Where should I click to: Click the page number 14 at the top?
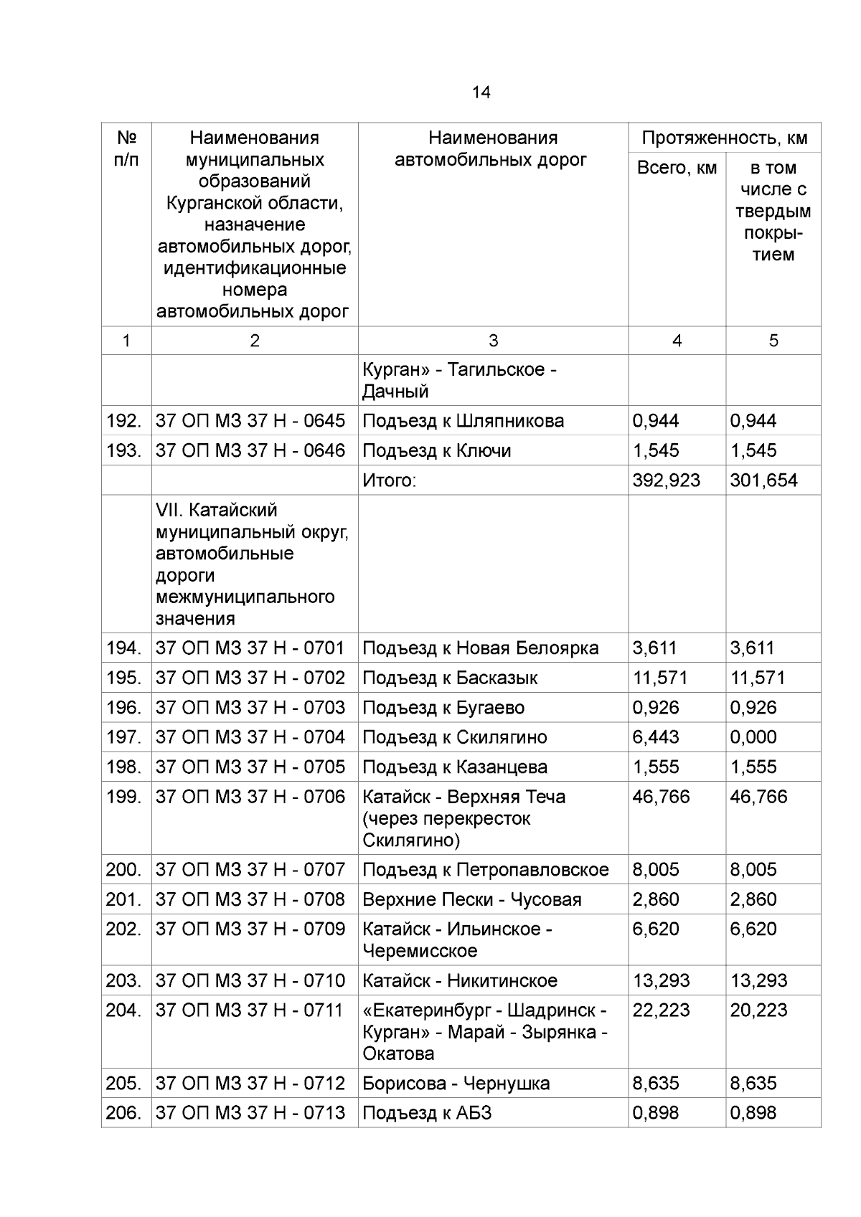point(481,93)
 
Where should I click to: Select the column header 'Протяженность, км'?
point(724,138)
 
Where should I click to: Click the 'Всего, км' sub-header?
point(677,168)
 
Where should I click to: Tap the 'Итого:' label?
point(389,480)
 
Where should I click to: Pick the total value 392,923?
point(666,480)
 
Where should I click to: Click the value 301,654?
point(763,480)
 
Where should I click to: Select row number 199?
point(124,797)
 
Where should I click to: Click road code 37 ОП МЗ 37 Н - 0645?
point(250,421)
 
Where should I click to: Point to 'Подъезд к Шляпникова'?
point(463,421)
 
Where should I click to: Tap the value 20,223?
point(758,1010)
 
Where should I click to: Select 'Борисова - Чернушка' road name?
point(456,1084)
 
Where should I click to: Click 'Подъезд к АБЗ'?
point(427,1113)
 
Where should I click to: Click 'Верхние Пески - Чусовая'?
point(471,899)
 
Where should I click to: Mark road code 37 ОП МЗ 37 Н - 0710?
point(250,980)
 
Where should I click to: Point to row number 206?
point(124,1113)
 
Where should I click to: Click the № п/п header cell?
point(126,148)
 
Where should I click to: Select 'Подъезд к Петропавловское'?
point(485,870)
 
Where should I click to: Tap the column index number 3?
point(493,341)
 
